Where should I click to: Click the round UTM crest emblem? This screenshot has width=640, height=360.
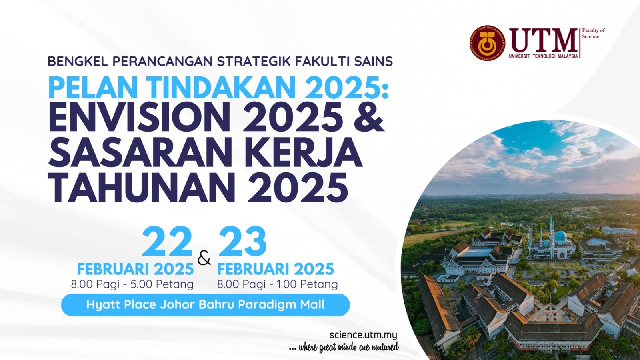[488, 43]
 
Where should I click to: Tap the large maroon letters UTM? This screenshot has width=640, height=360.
[543, 40]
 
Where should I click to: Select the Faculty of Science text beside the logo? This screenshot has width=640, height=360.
[593, 33]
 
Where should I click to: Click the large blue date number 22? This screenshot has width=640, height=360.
[167, 241]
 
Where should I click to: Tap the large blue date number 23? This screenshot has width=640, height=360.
[242, 241]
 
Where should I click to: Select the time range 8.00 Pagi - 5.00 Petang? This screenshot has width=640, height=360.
[132, 284]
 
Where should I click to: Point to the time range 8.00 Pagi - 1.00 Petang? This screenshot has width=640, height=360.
[278, 284]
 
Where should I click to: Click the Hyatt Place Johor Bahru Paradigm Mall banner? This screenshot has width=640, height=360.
[206, 305]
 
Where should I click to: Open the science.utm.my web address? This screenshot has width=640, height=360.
[363, 334]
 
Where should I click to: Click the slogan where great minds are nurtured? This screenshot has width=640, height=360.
[344, 348]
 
